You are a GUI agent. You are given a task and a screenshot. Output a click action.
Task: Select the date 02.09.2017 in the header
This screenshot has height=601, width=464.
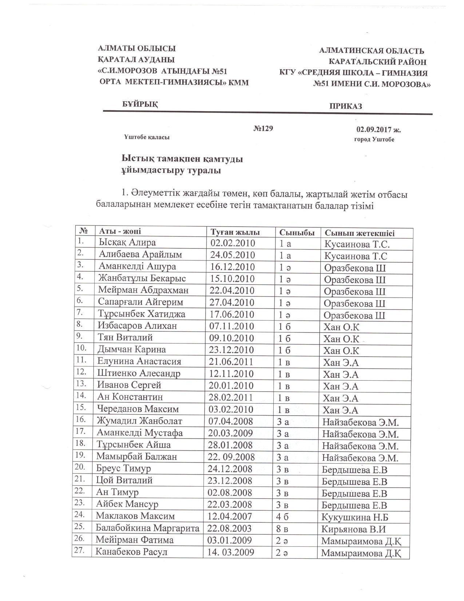[378, 129]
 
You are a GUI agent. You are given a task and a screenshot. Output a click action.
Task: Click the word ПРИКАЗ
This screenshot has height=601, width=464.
[346, 106]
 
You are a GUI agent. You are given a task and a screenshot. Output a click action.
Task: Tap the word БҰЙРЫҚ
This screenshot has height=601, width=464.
[140, 104]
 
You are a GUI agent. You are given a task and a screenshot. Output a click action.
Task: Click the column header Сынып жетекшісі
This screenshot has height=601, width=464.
[360, 233]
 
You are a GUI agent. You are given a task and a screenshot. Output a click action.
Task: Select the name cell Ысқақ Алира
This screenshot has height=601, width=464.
[127, 243]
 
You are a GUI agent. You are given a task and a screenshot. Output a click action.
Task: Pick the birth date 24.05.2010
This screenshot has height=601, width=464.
[233, 255]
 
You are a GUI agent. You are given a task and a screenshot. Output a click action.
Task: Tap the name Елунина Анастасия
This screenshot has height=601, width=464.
[139, 361]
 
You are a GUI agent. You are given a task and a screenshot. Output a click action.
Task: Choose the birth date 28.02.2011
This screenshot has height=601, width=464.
[231, 397]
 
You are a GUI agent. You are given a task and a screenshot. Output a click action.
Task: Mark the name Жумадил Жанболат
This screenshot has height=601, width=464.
[139, 421]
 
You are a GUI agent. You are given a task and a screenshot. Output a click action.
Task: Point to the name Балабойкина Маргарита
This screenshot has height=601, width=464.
[147, 528]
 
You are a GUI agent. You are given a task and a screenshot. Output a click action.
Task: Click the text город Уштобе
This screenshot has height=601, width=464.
[374, 140]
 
